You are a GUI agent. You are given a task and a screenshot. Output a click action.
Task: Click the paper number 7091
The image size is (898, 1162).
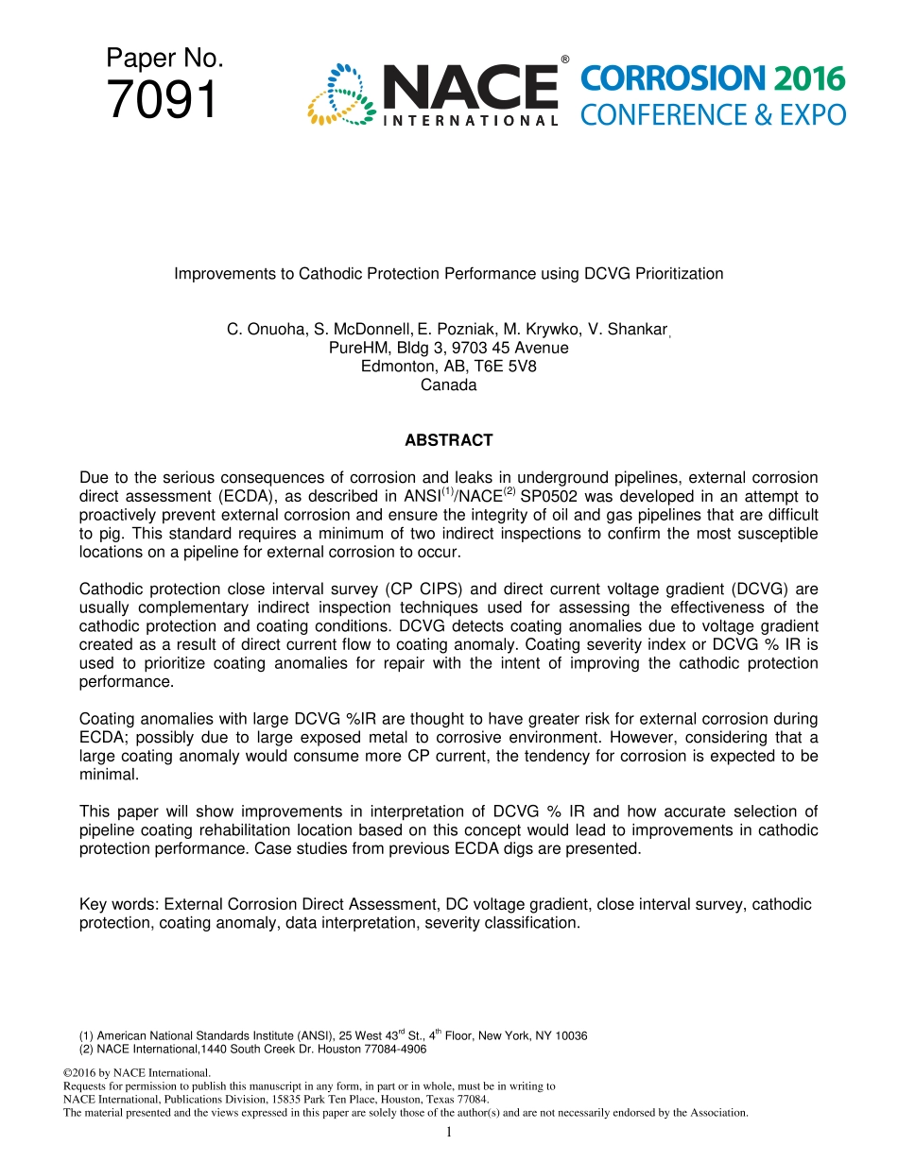(x=162, y=100)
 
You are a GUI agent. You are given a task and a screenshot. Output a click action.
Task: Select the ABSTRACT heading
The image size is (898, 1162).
(x=448, y=440)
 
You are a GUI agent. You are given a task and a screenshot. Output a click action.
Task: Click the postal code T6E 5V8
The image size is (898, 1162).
(x=505, y=367)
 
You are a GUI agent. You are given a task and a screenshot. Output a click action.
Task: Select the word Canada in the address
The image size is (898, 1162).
(x=448, y=385)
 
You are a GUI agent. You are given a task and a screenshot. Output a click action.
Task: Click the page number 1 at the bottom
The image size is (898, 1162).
(x=449, y=1132)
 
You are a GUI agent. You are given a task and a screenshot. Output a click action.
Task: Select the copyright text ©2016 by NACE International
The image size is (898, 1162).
(x=136, y=1073)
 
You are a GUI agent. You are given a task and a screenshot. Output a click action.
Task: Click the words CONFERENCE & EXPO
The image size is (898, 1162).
(x=713, y=115)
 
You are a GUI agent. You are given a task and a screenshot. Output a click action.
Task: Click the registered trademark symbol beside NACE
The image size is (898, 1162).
(x=565, y=60)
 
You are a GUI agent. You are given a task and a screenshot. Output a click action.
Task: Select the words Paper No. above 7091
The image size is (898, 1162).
(x=164, y=59)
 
